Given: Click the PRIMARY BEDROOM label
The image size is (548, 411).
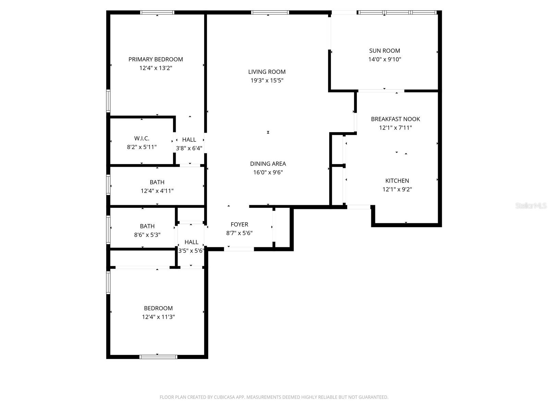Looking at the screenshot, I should click(155, 59).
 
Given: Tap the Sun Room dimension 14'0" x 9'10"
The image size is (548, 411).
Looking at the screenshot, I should click(385, 59).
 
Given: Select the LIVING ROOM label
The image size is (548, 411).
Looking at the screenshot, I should click(267, 72).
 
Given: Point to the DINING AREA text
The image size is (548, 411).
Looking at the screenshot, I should click(268, 164).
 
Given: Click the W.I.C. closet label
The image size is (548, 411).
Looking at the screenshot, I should click(141, 138).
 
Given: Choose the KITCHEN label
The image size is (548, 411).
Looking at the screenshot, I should click(397, 181).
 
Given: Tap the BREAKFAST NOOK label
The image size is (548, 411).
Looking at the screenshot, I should click(395, 119).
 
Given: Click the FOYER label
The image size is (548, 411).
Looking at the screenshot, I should click(239, 224).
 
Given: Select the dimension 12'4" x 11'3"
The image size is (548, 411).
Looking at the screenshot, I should click(158, 317).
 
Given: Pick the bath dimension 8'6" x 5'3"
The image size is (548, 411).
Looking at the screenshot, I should click(147, 235).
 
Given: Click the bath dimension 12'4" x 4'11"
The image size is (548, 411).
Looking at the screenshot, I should click(157, 191).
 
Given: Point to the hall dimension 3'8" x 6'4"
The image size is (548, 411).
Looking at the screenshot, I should click(189, 148).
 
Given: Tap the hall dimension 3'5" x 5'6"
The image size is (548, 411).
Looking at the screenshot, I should click(191, 251).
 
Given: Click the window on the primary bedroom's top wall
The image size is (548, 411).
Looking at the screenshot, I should click(157, 13).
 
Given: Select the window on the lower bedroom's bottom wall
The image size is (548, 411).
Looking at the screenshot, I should click(158, 357).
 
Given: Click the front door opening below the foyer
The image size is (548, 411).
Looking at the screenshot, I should click(239, 249).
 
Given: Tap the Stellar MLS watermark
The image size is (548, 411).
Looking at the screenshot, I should click(531, 206).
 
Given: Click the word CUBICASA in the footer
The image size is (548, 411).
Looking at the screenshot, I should click(224, 397).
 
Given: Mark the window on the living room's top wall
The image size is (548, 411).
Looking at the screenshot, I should click(270, 13).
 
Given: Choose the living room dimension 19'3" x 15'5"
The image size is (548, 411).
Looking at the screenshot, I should click(267, 81).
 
